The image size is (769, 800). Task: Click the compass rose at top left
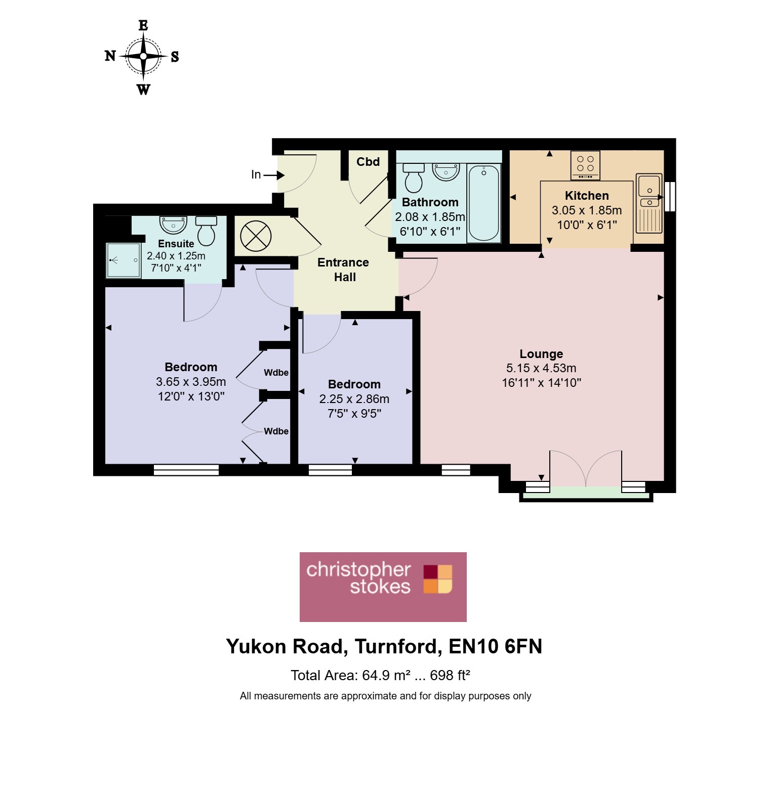(x=143, y=57)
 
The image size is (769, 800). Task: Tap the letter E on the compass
(x=143, y=25)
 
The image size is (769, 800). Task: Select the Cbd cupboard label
(x=368, y=162)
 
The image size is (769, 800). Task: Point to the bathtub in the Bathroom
(x=484, y=203)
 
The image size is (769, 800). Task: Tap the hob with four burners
(x=585, y=165)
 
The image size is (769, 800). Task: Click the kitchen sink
(x=649, y=203)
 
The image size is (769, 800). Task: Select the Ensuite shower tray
(x=123, y=260)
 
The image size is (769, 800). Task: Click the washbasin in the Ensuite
(x=173, y=224)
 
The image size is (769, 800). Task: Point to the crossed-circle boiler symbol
(x=256, y=236)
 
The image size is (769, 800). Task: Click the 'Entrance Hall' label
(x=344, y=270)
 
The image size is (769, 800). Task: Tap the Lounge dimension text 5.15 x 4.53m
(x=541, y=368)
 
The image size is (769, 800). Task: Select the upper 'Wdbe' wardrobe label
(x=276, y=373)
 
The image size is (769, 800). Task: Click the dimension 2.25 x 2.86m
(x=354, y=399)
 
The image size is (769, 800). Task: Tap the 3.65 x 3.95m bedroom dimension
(x=191, y=382)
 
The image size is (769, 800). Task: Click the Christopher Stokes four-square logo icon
(x=438, y=579)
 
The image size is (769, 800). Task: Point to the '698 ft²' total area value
(x=450, y=675)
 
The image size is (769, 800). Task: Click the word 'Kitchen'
(x=587, y=196)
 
